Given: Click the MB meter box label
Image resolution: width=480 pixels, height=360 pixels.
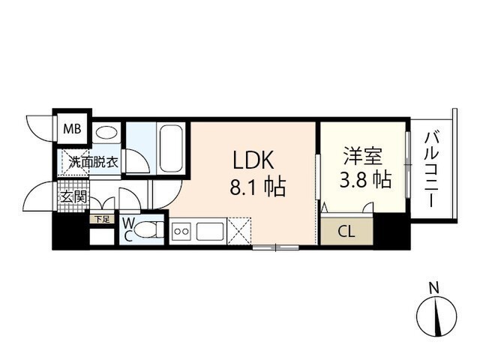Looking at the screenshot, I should (72, 129).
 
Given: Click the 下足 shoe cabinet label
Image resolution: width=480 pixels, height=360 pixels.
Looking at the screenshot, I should (101, 219).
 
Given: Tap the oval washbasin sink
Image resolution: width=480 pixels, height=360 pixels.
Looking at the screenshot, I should (107, 133).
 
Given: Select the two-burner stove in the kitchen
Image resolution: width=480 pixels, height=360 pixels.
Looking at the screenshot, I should (181, 232).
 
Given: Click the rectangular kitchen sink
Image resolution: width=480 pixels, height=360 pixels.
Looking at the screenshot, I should (210, 232).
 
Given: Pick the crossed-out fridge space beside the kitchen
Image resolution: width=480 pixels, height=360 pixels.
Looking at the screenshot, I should (239, 230).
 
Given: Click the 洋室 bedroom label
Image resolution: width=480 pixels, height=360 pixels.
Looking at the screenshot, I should (363, 157).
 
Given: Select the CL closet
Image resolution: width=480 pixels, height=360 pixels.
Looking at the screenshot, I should (346, 231).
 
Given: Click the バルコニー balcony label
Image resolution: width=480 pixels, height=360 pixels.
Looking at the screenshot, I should (432, 169).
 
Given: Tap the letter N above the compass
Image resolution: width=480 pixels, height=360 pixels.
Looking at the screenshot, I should (433, 286).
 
